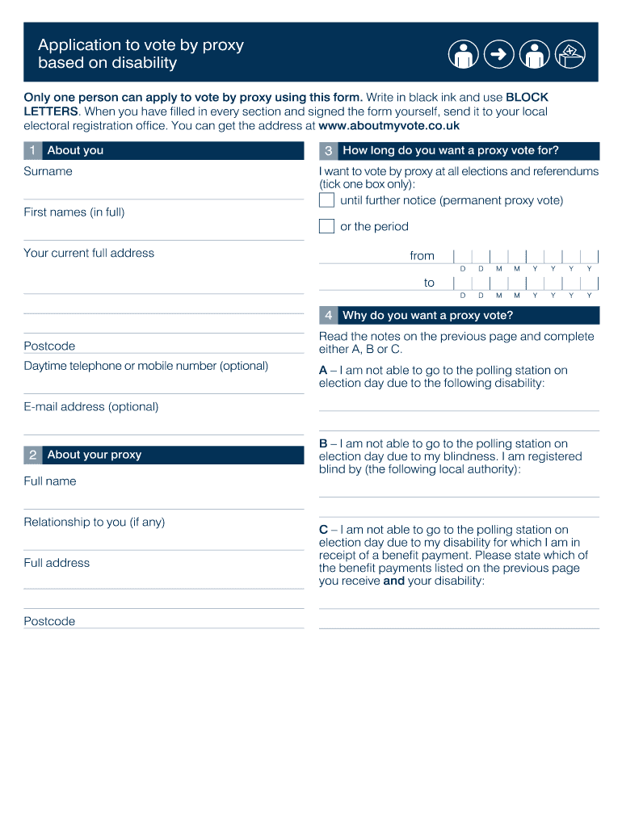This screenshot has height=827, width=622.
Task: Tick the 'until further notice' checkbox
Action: (326, 200)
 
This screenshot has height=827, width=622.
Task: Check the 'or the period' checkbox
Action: (326, 226)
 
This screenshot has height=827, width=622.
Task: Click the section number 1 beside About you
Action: (32, 150)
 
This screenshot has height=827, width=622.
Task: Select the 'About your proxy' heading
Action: (94, 455)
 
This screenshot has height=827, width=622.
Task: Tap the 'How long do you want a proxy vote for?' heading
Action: (450, 150)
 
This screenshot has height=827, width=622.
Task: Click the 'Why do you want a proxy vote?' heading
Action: (427, 315)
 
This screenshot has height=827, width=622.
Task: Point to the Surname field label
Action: (48, 171)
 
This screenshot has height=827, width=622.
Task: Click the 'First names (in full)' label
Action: (74, 212)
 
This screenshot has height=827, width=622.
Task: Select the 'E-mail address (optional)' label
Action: (91, 407)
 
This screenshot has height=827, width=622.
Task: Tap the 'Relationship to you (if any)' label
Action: (94, 523)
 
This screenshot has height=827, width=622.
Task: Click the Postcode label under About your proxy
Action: (49, 621)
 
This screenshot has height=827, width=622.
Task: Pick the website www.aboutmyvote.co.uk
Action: (389, 126)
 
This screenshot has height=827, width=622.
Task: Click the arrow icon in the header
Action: (498, 55)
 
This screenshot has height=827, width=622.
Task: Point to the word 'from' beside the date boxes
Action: (422, 256)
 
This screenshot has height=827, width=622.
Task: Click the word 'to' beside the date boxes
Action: (429, 283)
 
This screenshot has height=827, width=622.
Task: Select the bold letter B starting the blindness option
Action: (323, 443)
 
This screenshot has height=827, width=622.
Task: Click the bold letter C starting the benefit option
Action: (323, 530)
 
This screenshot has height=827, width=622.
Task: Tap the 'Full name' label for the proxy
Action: (50, 481)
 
